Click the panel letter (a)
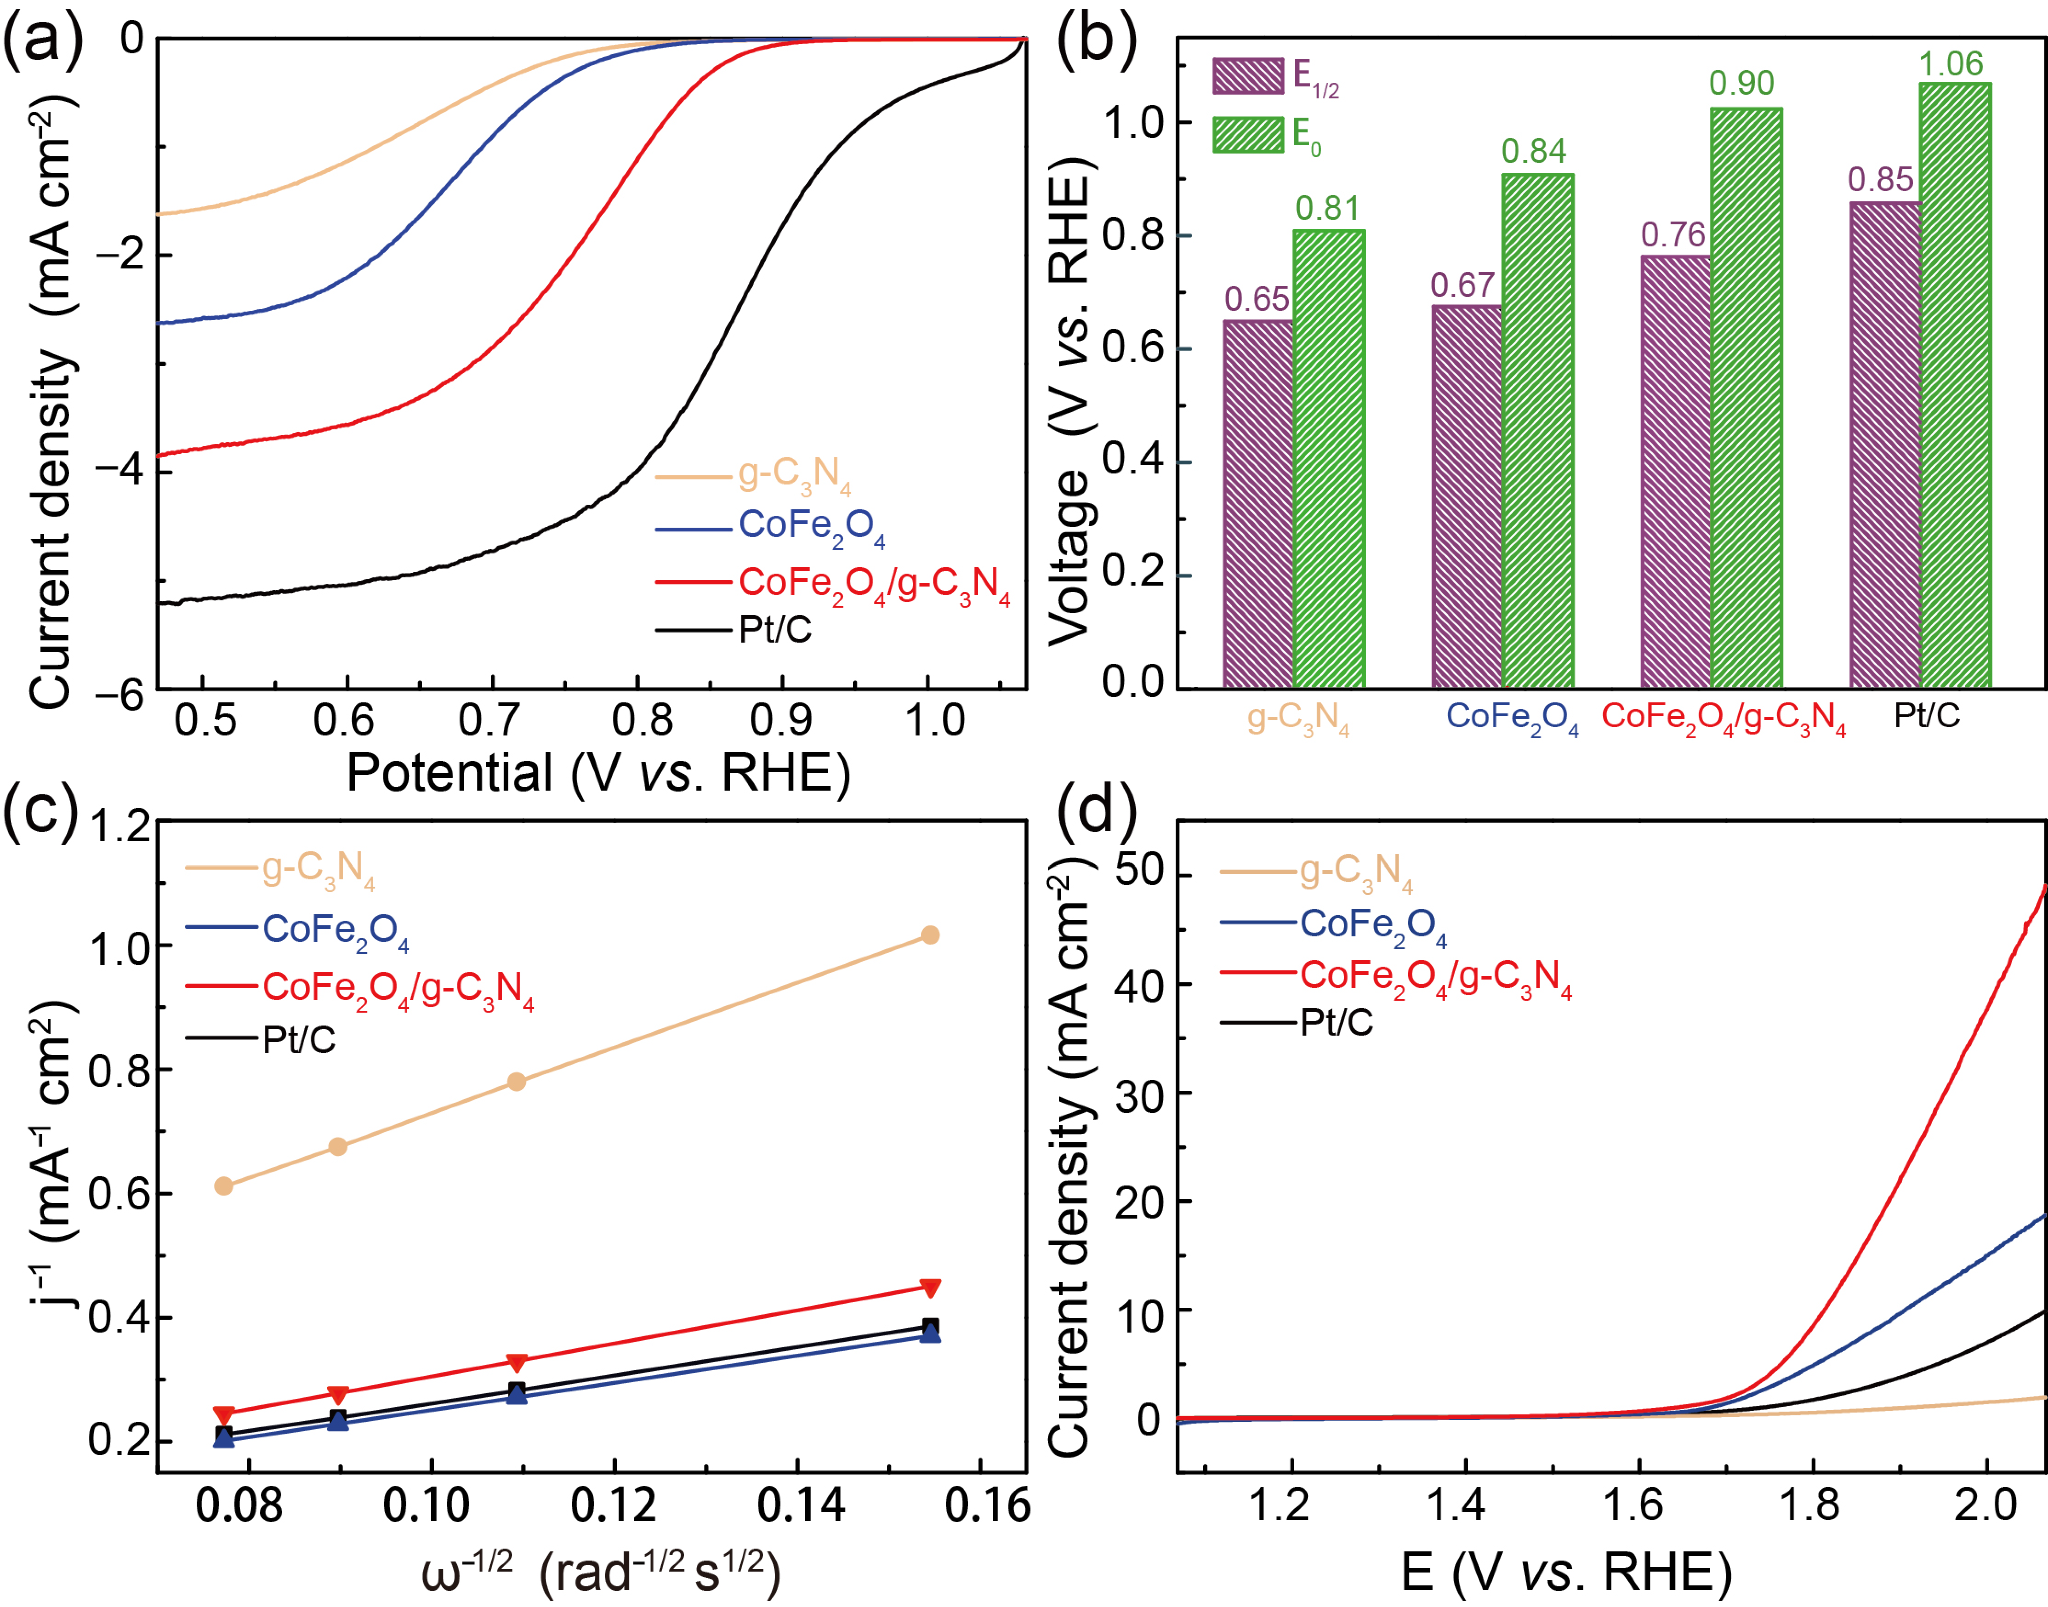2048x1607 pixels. point(42,40)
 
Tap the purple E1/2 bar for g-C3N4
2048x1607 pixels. point(1258,503)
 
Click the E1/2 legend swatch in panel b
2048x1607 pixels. point(1247,75)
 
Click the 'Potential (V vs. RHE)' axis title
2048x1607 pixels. point(598,774)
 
